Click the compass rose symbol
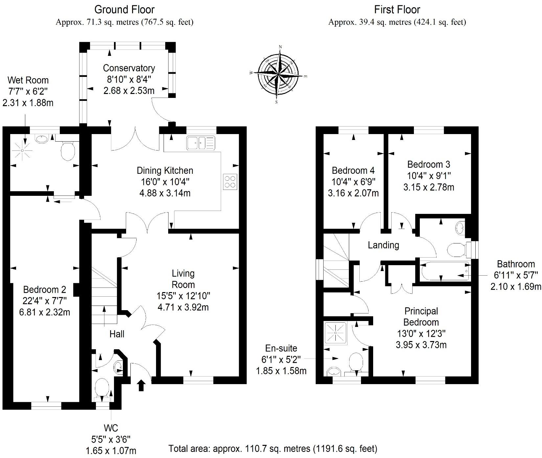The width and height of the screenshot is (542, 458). pos(278,74)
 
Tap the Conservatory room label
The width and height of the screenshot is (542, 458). pos(129,68)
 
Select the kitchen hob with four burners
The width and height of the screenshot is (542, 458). pos(230,182)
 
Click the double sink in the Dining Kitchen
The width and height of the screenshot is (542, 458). pos(200,143)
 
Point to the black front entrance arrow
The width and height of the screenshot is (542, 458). pos(141,385)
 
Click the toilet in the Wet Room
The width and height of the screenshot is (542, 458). pos(68,150)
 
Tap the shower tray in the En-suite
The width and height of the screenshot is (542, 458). pos(335,333)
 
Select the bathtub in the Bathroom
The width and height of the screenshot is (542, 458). pos(445,271)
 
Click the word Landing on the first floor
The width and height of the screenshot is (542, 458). pos(383,245)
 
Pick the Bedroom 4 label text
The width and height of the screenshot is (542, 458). pos(353,171)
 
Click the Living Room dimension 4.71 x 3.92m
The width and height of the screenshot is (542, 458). pos(183,307)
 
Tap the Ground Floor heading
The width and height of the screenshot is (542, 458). pos(124,10)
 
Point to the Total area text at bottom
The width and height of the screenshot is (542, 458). pos(273,448)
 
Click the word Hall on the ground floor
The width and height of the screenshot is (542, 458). pos(117,334)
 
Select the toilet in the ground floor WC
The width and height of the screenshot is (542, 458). pos(102,388)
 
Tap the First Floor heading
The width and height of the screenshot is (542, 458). pos(397,10)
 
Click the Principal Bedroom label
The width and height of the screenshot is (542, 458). pos(421,316)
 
